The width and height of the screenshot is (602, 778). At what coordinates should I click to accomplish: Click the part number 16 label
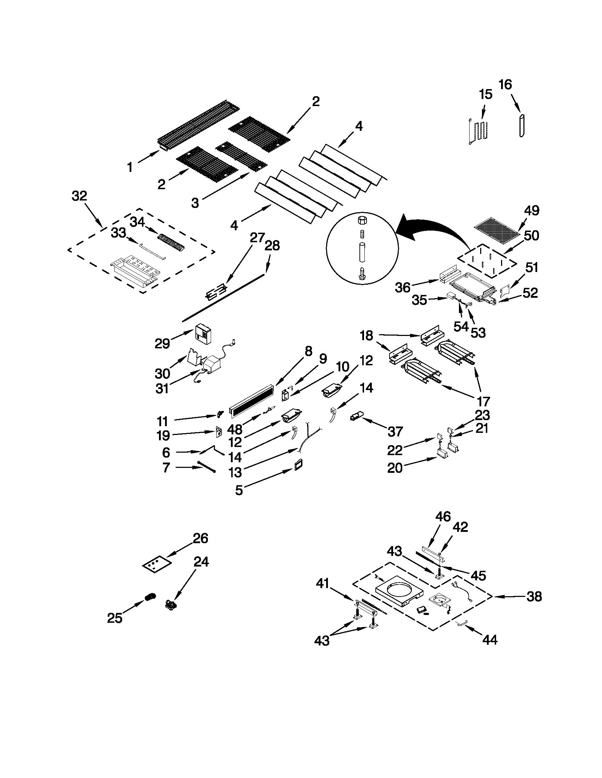[x=505, y=85]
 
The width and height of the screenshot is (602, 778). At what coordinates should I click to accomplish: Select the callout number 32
[x=79, y=196]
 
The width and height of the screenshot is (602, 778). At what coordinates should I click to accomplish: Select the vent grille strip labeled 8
[x=252, y=401]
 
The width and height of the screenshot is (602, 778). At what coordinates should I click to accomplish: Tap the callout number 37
[x=395, y=431]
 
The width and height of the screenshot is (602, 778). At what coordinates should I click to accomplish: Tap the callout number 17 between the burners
[x=483, y=401]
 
